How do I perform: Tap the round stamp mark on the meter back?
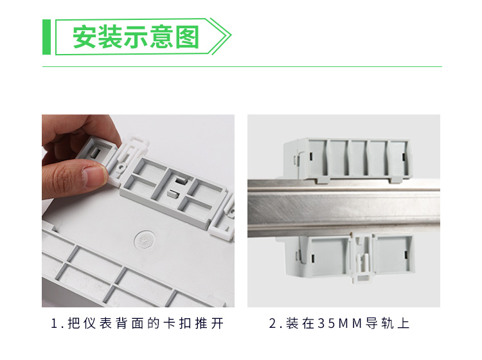(x=145, y=240)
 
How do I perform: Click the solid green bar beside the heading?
(x=46, y=37)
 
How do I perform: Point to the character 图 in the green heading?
(x=188, y=37)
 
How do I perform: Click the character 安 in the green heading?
(x=85, y=37)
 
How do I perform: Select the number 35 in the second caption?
(x=327, y=324)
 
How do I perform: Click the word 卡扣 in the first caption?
(x=177, y=324)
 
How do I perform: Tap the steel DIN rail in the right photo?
(x=344, y=208)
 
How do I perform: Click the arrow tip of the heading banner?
(x=231, y=37)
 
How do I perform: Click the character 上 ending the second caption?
(x=404, y=324)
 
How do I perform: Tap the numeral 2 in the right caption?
(x=272, y=324)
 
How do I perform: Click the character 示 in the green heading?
(x=136, y=37)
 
